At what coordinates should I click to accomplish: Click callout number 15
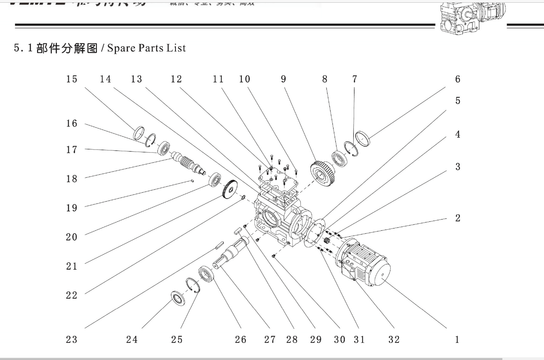coord(72,79)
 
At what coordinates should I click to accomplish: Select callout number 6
coord(458,79)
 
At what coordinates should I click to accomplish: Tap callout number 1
coord(457,340)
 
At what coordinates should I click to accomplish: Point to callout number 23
coord(72,340)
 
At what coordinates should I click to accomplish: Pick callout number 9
coord(283,79)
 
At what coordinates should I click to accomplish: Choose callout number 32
coord(394,340)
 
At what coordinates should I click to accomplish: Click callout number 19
coord(72,208)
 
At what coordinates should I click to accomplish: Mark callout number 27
coord(270,340)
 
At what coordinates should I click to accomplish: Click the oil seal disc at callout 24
coord(178,298)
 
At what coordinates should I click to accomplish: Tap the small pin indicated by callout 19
coord(192,181)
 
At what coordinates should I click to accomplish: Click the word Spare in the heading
coord(121,48)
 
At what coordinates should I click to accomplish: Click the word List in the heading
coord(176,48)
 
